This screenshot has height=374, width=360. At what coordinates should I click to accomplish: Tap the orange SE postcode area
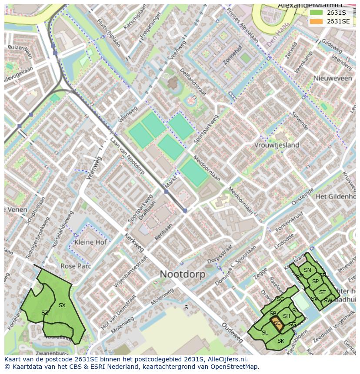coord(277,323)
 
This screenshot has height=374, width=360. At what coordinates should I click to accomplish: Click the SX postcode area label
coord(62,305)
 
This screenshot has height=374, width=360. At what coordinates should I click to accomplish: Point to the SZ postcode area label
coord(45,313)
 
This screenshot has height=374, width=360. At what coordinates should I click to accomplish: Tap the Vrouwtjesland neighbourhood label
coord(277,145)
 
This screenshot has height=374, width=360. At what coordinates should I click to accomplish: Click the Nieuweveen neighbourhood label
coord(333,78)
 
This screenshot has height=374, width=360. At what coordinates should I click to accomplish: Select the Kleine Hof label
coord(90,242)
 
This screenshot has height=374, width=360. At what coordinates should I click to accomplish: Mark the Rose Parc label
coord(75,266)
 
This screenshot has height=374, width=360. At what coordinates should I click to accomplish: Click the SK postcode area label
coord(281,341)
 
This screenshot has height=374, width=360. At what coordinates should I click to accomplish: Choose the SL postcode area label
coord(264,333)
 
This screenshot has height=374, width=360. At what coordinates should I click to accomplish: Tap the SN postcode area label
coord(307,270)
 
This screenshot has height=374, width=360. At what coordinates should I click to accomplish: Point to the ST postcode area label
coord(322,292)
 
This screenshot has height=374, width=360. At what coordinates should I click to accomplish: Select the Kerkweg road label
coord(134,242)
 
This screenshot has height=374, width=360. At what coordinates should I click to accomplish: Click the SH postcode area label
coord(287,316)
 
